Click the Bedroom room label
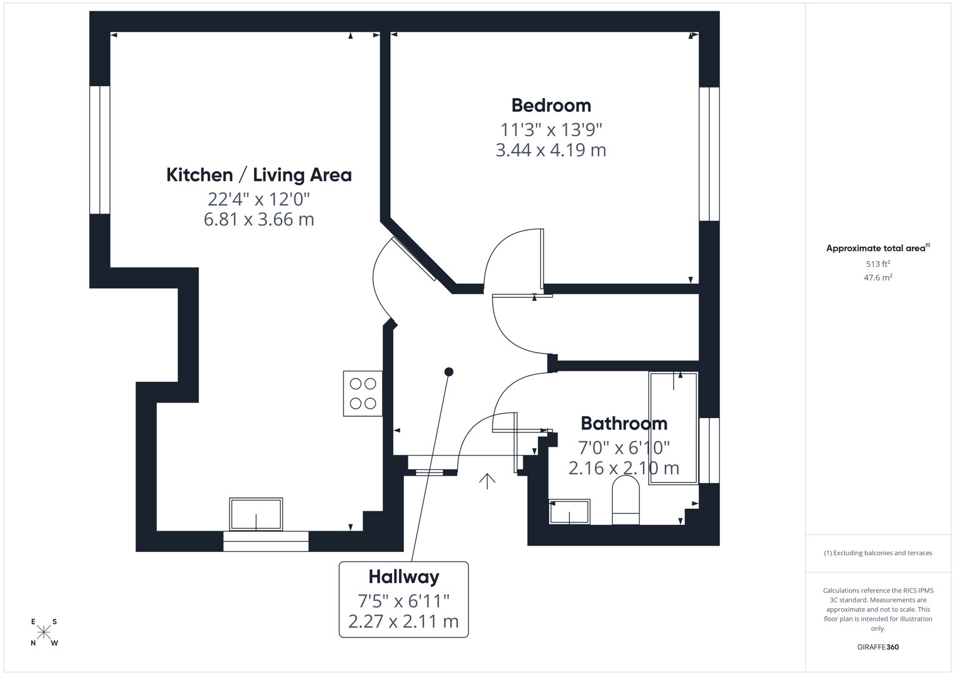(x=550, y=105)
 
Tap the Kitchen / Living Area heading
(x=258, y=175)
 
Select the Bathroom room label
(x=624, y=423)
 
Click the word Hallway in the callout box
(x=403, y=576)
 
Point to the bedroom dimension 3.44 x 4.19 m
(x=550, y=150)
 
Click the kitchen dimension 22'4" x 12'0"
(x=258, y=199)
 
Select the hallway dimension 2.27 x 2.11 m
(x=403, y=621)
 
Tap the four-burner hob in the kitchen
(x=363, y=394)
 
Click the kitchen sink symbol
(x=256, y=514)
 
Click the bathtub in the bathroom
(x=673, y=428)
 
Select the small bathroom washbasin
(x=569, y=512)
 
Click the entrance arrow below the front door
(x=487, y=481)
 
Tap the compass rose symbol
(x=44, y=632)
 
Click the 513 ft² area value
(x=877, y=264)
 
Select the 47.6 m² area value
(x=877, y=277)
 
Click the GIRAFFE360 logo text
(x=877, y=647)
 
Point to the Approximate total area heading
(x=877, y=248)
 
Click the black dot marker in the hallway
(x=448, y=372)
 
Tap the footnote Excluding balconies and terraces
(x=877, y=552)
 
